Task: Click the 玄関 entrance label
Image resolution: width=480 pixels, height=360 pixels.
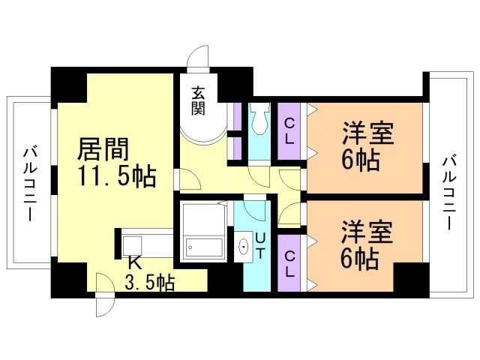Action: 198,100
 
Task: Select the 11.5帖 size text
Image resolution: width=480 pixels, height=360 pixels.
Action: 117,177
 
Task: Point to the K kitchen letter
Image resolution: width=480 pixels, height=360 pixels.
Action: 133,262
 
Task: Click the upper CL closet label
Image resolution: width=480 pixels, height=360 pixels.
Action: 289,130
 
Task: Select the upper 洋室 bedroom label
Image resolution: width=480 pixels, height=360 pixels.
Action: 368,132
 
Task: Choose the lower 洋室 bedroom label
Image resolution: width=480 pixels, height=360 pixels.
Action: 368,231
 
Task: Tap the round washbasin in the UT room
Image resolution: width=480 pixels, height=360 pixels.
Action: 243,247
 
